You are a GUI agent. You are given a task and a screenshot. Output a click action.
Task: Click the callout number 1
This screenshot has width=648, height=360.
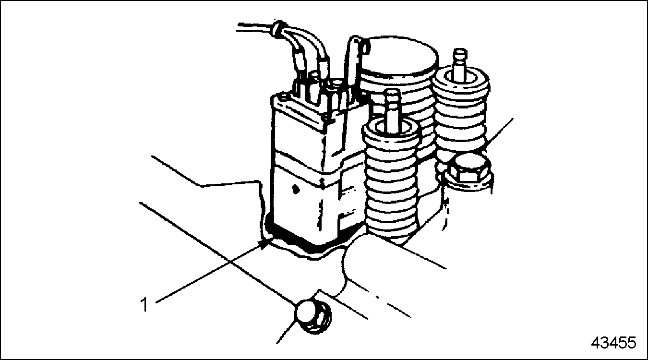tap(144, 304)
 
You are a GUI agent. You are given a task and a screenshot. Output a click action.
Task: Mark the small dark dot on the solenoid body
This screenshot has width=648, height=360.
tap(295, 189)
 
